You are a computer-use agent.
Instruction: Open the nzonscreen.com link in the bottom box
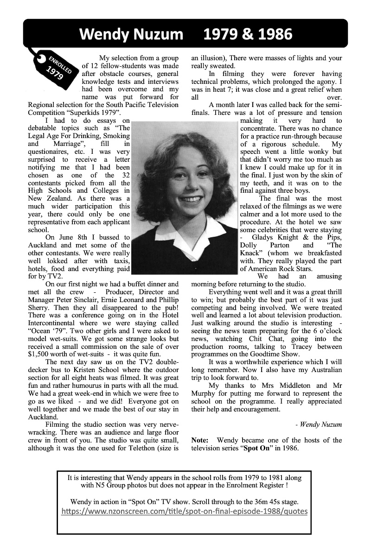(x=185, y=512)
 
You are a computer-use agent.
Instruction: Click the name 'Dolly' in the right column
(x=249, y=245)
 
